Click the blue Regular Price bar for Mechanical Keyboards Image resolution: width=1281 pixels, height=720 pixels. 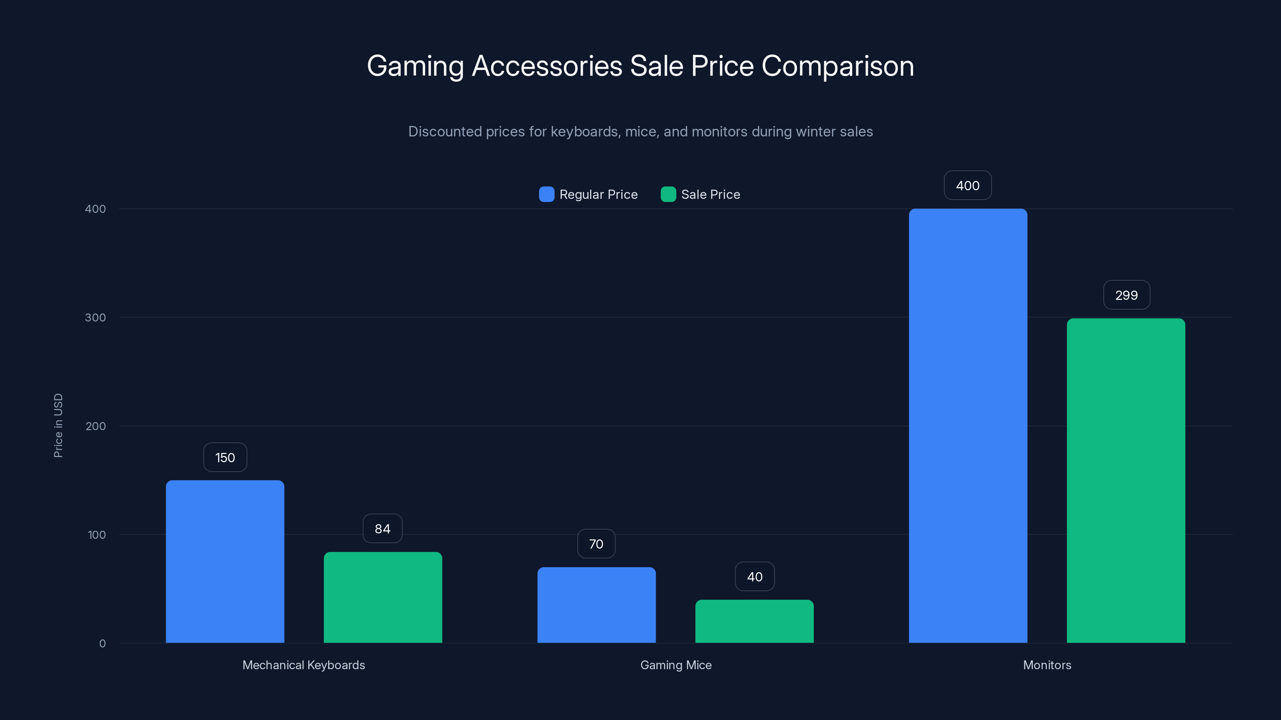click(225, 562)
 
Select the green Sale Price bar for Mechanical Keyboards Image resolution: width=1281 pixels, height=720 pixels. click(383, 597)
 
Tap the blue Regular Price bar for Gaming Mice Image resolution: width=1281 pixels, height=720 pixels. click(596, 605)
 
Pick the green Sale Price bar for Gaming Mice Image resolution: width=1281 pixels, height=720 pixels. click(754, 621)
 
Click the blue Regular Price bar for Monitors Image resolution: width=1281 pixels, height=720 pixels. click(968, 426)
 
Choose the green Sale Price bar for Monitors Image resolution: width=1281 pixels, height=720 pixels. click(1126, 480)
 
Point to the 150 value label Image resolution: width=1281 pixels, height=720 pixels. click(225, 458)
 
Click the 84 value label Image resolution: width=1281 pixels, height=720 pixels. click(382, 529)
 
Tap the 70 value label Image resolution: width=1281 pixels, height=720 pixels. click(596, 544)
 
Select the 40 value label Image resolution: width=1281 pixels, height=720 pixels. click(754, 577)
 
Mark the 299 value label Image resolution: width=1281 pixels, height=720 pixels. click(1126, 295)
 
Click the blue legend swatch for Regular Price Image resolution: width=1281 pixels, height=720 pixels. click(546, 194)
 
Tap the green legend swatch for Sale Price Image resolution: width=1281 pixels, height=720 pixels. click(668, 194)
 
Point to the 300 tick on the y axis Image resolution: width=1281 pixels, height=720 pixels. click(96, 318)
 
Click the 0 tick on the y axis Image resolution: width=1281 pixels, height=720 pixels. click(102, 644)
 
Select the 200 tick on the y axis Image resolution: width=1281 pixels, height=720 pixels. click(96, 426)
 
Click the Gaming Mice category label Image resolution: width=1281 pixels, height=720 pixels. click(676, 665)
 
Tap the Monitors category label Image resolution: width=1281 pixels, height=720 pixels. click(1047, 665)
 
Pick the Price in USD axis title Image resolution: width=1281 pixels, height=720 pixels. click(58, 425)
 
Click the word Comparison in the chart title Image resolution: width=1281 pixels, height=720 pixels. click(837, 66)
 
